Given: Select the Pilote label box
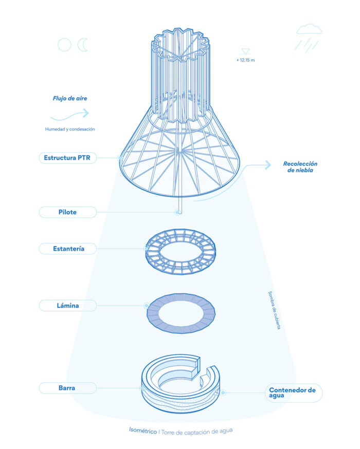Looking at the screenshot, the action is (x=68, y=212).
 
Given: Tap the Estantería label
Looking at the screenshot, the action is (x=68, y=249).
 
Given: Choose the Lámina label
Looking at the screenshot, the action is (x=68, y=306).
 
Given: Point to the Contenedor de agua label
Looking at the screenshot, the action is (x=294, y=393).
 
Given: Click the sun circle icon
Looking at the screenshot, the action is (x=64, y=45).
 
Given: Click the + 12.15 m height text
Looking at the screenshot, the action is (x=245, y=60).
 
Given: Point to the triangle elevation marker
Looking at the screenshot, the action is (x=245, y=51).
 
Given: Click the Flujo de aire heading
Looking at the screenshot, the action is (x=70, y=98).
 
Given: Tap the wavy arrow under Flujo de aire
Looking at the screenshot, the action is (x=69, y=116).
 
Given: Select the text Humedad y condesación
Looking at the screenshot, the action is (x=70, y=129).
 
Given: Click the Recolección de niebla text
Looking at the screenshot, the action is (x=300, y=167).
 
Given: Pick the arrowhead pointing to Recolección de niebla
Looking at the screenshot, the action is (x=268, y=165).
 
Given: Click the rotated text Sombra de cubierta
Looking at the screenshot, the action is (x=274, y=310).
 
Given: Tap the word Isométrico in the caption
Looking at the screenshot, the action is (x=143, y=430).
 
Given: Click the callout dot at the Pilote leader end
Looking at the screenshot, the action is (x=178, y=212).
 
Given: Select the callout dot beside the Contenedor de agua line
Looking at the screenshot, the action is (x=223, y=392).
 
